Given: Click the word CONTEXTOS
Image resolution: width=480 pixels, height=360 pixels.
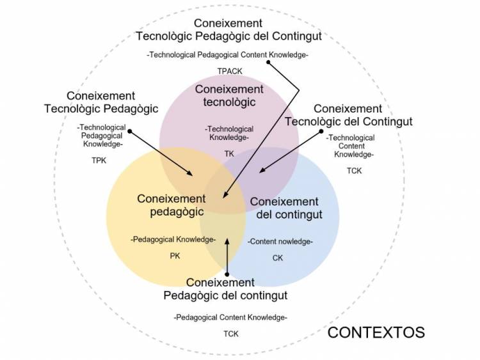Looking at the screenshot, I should pyautogui.click(x=376, y=333).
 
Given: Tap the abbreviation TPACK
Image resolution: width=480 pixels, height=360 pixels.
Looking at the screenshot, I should pyautogui.click(x=229, y=71).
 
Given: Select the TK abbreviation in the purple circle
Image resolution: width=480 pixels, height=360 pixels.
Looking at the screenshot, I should pyautogui.click(x=229, y=153).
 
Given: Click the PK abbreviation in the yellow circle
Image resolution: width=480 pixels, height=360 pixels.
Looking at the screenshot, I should pyautogui.click(x=175, y=256).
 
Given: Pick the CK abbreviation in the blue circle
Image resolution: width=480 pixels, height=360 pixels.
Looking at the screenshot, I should pyautogui.click(x=278, y=258).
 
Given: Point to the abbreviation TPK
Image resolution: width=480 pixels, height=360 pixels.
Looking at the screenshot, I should pyautogui.click(x=99, y=160).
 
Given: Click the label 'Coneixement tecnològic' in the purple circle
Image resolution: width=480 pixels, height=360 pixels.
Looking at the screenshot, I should pyautogui.click(x=229, y=95).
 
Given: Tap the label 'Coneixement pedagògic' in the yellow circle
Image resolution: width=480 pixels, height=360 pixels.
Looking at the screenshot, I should pyautogui.click(x=172, y=205).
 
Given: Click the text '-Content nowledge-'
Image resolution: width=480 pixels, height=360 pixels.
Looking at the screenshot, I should pyautogui.click(x=280, y=241).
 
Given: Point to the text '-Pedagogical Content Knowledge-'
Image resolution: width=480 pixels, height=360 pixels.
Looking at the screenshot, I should pyautogui.click(x=230, y=317).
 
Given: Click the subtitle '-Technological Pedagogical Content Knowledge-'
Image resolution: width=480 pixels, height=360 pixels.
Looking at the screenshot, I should pyautogui.click(x=228, y=55).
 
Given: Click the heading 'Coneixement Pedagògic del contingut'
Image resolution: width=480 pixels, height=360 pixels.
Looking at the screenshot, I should pyautogui.click(x=225, y=289).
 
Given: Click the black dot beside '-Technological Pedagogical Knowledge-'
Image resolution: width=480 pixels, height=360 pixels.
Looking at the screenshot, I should pyautogui.click(x=130, y=132).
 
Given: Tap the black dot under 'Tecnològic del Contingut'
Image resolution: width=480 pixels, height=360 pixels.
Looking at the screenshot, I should pyautogui.click(x=322, y=132).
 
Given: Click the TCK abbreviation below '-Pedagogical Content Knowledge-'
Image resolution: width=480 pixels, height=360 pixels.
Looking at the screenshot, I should pyautogui.click(x=230, y=333).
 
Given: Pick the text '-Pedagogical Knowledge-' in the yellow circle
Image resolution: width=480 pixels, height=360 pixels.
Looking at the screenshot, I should pyautogui.click(x=173, y=240).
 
